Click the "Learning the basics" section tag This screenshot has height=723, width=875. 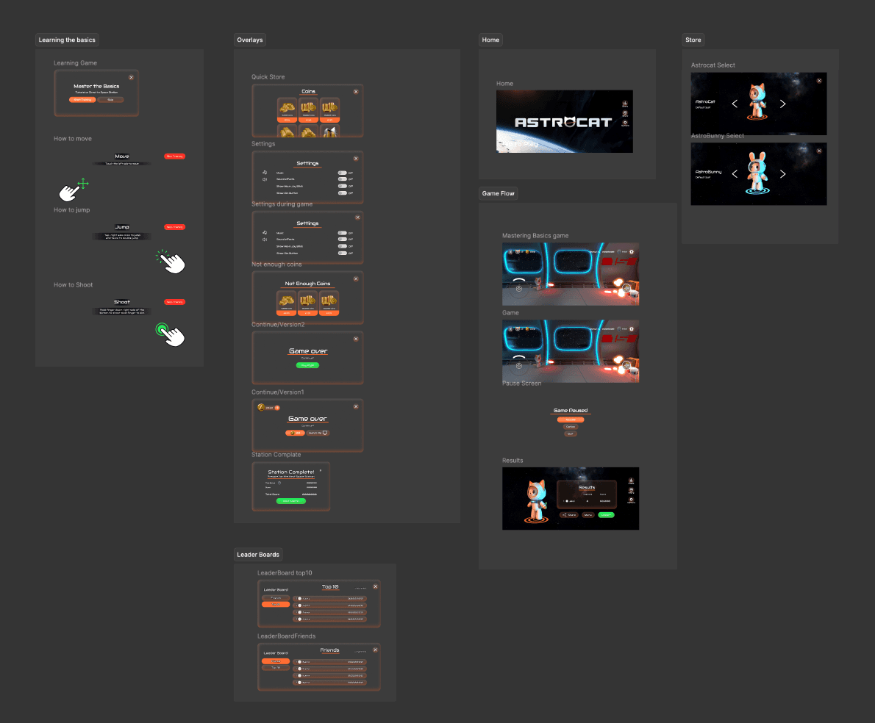(67, 40)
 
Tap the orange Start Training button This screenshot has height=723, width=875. (82, 99)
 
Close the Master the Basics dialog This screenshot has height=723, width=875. (131, 77)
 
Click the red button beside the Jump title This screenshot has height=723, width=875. (174, 228)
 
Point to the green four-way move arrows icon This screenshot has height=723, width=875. (82, 183)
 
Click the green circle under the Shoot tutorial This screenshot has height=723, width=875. (162, 328)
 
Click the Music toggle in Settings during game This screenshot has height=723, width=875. (342, 233)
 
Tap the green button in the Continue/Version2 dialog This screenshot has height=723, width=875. (307, 365)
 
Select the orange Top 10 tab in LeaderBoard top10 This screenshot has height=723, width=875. (276, 604)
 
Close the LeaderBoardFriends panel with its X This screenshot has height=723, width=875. (375, 650)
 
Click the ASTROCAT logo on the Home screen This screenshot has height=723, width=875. (563, 122)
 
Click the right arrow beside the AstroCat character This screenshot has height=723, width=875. (782, 104)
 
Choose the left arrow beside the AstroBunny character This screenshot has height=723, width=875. (735, 174)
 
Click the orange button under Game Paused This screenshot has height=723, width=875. (570, 420)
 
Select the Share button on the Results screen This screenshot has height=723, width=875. (569, 515)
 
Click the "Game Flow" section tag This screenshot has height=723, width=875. (498, 194)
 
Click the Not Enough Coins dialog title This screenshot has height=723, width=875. (307, 284)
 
